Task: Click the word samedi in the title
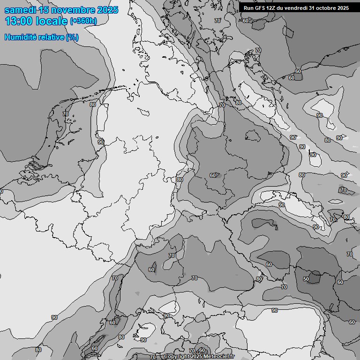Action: coord(20,10)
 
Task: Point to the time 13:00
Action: coord(18,21)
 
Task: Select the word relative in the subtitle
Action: coord(51,37)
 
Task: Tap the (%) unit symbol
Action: coord(72,37)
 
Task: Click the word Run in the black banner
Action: coord(249,8)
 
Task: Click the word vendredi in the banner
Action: coord(297,8)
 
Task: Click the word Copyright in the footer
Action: coord(177,357)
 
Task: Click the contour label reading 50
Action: coord(306,279)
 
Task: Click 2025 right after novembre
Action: coord(108,10)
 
